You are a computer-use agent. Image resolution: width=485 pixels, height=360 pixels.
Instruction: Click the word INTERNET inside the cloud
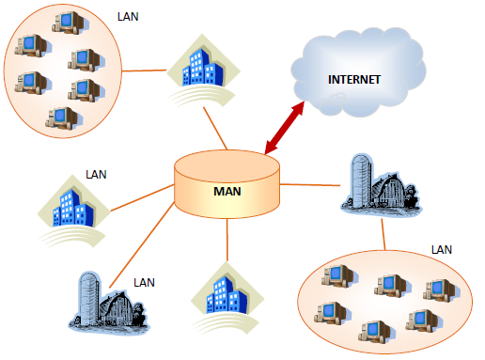point(353,79)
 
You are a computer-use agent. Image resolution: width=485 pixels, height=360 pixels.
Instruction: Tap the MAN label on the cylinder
point(227,191)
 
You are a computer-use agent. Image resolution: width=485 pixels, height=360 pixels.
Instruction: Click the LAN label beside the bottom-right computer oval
point(442,249)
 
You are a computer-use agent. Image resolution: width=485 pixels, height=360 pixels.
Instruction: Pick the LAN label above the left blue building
point(97,173)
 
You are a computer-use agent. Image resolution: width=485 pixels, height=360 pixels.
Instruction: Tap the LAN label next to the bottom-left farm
point(143,282)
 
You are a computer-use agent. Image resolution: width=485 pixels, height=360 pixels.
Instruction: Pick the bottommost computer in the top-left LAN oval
point(62,117)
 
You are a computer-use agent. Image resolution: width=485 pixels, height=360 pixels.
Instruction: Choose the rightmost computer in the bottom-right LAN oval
point(438,290)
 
